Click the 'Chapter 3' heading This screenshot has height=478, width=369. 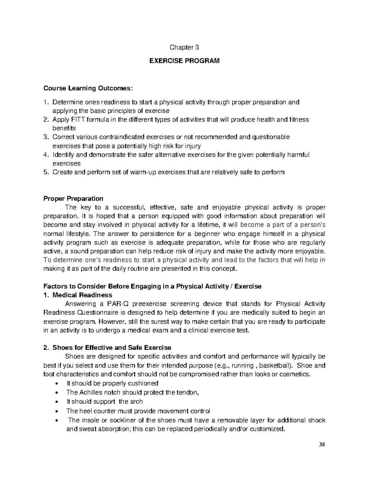point(184,47)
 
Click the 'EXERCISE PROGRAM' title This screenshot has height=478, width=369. point(184,61)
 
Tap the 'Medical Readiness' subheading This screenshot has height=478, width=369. point(82,295)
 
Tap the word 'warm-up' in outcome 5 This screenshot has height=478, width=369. point(145,172)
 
